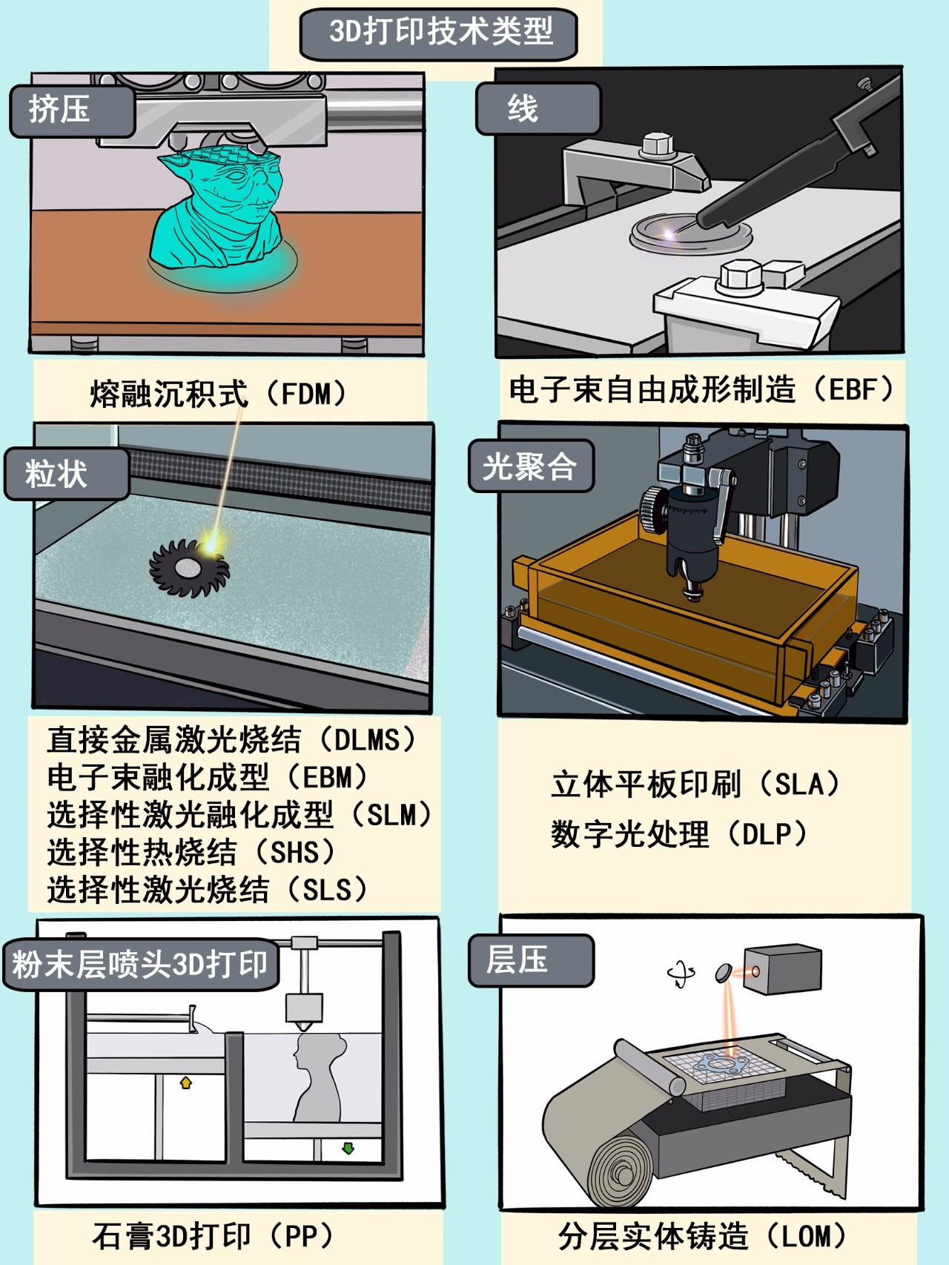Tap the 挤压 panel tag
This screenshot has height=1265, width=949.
[72, 110]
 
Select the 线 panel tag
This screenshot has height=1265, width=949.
[538, 109]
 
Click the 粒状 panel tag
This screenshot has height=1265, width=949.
[67, 473]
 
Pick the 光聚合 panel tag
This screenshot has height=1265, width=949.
[531, 466]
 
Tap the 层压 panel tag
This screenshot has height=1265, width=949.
[531, 960]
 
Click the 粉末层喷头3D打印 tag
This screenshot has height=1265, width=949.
[141, 965]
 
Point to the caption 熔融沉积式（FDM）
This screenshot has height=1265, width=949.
[219, 394]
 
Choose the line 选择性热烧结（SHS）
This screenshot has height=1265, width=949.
[191, 852]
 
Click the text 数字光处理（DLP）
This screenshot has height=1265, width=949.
[679, 834]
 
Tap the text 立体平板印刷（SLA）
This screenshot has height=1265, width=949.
[695, 785]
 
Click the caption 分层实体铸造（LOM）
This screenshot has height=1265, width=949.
[702, 1236]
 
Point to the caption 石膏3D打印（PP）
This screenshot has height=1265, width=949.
[213, 1236]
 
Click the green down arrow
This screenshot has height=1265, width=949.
[348, 1149]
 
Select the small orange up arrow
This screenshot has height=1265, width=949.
[186, 1083]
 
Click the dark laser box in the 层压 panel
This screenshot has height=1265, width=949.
[782, 968]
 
